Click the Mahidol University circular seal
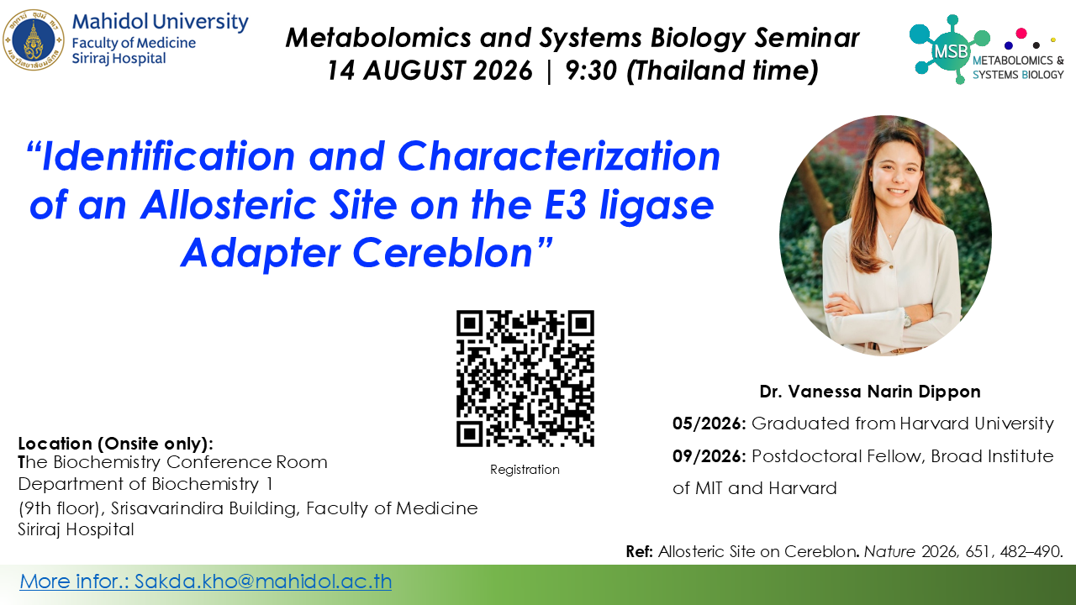click(x=33, y=39)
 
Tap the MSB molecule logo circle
click(x=949, y=50)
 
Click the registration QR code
click(x=525, y=378)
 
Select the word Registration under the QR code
click(x=525, y=470)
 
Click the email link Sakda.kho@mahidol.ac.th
click(x=263, y=581)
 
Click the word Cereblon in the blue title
click(x=443, y=253)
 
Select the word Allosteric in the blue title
click(x=228, y=206)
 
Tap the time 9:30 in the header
click(x=591, y=70)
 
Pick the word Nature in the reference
click(x=889, y=552)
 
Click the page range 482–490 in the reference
click(x=1031, y=552)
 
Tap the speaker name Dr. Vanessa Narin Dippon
click(x=870, y=392)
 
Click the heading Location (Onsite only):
click(x=116, y=444)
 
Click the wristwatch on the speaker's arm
click(x=907, y=318)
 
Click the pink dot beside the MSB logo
click(x=1021, y=33)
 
